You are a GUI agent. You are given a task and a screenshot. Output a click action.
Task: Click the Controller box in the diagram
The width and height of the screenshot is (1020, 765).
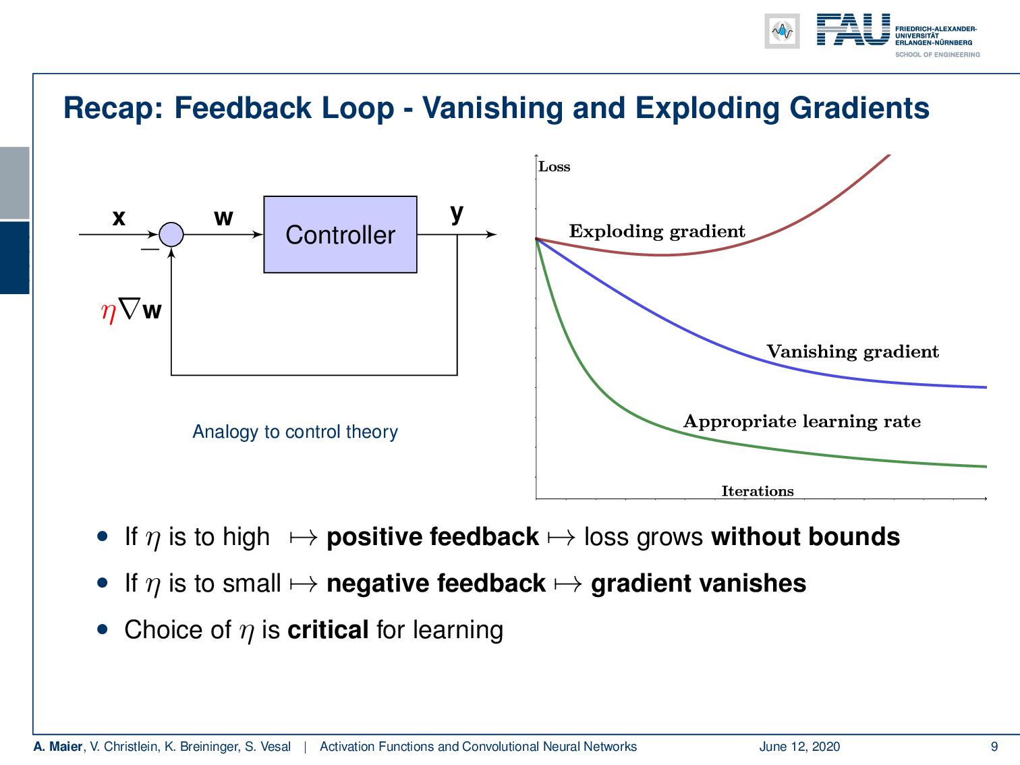(x=340, y=235)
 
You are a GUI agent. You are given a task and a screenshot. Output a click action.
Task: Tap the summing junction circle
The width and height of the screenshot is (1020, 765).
(x=171, y=235)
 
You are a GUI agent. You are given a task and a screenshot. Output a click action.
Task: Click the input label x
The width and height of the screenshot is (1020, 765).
(x=119, y=218)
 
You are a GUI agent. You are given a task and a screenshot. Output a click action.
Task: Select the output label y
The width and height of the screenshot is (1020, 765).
(x=457, y=213)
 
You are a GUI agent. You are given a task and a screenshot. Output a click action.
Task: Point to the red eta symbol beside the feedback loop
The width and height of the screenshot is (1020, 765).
(x=108, y=311)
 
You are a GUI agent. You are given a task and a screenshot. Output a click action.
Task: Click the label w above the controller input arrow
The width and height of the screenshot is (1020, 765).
(x=223, y=218)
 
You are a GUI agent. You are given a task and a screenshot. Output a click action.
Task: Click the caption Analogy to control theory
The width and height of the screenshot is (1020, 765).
(x=295, y=432)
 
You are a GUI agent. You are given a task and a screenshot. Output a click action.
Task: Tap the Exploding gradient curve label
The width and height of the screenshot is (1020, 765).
(x=656, y=231)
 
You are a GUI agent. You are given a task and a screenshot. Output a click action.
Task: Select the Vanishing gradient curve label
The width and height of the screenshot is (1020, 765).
(x=852, y=351)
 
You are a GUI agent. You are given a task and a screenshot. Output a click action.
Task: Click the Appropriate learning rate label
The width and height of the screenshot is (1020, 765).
(x=801, y=422)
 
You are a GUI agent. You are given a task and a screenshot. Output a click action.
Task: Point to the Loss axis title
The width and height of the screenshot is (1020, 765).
(x=554, y=167)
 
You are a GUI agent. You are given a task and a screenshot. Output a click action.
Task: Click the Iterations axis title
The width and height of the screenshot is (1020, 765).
(x=758, y=491)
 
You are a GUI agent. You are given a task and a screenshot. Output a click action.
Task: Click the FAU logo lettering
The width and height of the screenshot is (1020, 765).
(x=853, y=30)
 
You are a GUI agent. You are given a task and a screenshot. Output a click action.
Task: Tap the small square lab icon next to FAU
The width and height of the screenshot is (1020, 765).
(x=782, y=31)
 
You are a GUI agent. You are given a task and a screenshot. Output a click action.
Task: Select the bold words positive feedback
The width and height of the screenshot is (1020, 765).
(x=432, y=537)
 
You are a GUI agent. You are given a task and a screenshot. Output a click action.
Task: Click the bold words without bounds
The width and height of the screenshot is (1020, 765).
(x=805, y=537)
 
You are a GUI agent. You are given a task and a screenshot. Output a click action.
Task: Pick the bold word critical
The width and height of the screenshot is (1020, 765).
(x=328, y=630)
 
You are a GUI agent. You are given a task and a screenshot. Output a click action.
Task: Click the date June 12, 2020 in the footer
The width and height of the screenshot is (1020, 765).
(x=799, y=746)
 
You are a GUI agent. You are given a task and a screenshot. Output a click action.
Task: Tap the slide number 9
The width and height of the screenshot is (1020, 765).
(x=994, y=746)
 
